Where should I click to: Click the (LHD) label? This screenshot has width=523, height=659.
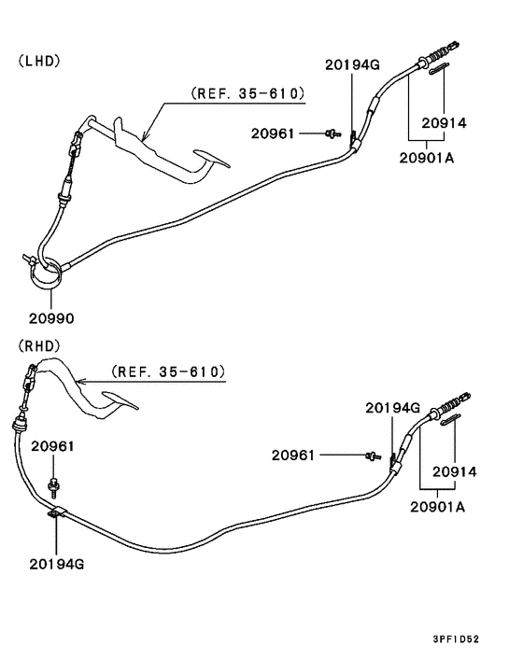(x=39, y=61)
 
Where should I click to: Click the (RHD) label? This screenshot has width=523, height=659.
(x=39, y=346)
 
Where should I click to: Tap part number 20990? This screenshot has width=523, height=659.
(x=51, y=318)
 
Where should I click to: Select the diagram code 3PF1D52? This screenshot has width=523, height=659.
(x=456, y=639)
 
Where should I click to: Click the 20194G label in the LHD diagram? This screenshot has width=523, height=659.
(x=352, y=64)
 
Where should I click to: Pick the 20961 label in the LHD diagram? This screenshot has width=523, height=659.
(x=273, y=133)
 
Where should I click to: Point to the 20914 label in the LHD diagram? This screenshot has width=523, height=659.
(x=444, y=123)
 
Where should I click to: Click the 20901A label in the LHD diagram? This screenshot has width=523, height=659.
(x=426, y=158)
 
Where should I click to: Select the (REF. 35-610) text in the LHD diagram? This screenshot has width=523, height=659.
(x=247, y=93)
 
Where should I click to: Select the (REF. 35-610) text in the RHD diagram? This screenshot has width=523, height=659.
(x=168, y=372)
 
